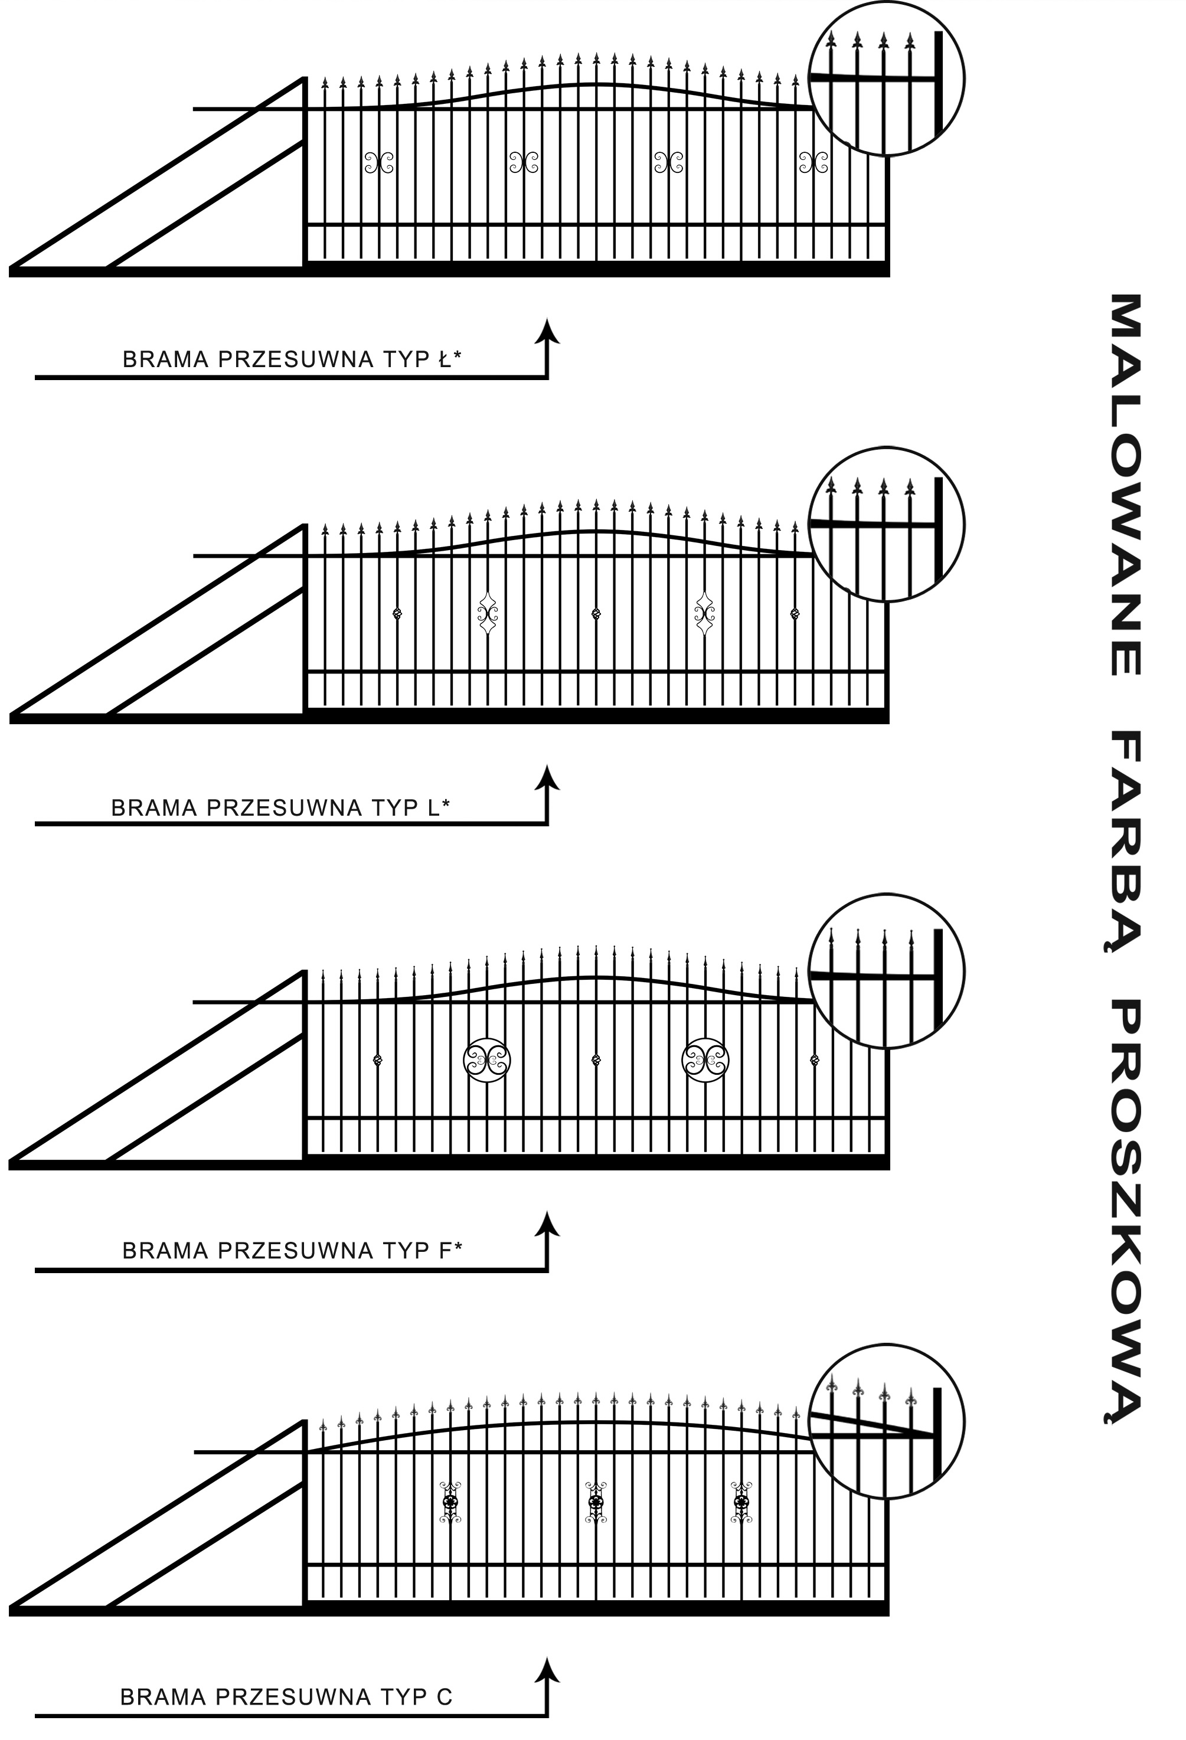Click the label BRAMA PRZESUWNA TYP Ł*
pyautogui.click(x=292, y=359)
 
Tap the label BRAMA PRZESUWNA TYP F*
pyautogui.click(x=293, y=1250)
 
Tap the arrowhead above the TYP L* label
pyautogui.click(x=548, y=777)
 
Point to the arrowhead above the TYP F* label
pyautogui.click(x=548, y=1222)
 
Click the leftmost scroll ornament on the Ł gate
pyautogui.click(x=379, y=162)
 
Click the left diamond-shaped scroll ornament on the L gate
pyautogui.click(x=488, y=614)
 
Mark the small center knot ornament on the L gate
pyautogui.click(x=596, y=614)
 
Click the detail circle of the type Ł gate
pyautogui.click(x=887, y=78)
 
